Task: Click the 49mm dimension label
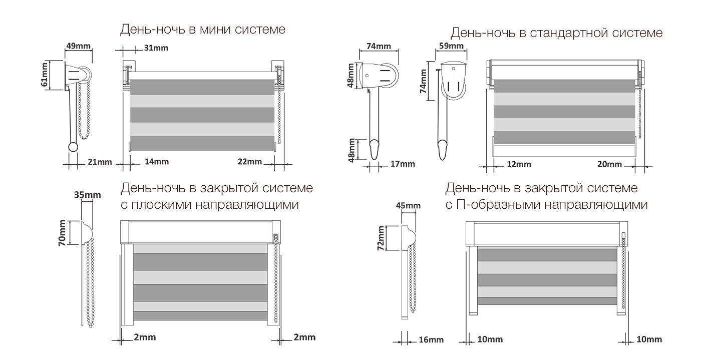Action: click(x=78, y=46)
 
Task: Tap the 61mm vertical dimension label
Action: click(x=45, y=75)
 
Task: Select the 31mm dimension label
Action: click(x=156, y=48)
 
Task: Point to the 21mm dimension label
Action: click(x=100, y=162)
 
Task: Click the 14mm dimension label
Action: click(x=156, y=162)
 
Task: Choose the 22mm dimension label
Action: click(x=250, y=162)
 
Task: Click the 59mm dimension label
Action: click(x=451, y=46)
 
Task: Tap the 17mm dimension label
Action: click(x=403, y=164)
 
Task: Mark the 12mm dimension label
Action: click(x=519, y=164)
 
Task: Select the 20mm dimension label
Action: click(x=609, y=164)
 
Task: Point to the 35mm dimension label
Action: click(x=87, y=195)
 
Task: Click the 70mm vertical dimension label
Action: click(x=62, y=233)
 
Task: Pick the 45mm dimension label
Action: click(x=408, y=205)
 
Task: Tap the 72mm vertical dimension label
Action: click(x=381, y=238)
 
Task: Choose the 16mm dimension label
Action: click(x=431, y=339)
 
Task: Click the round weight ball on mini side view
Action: click(x=73, y=147)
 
